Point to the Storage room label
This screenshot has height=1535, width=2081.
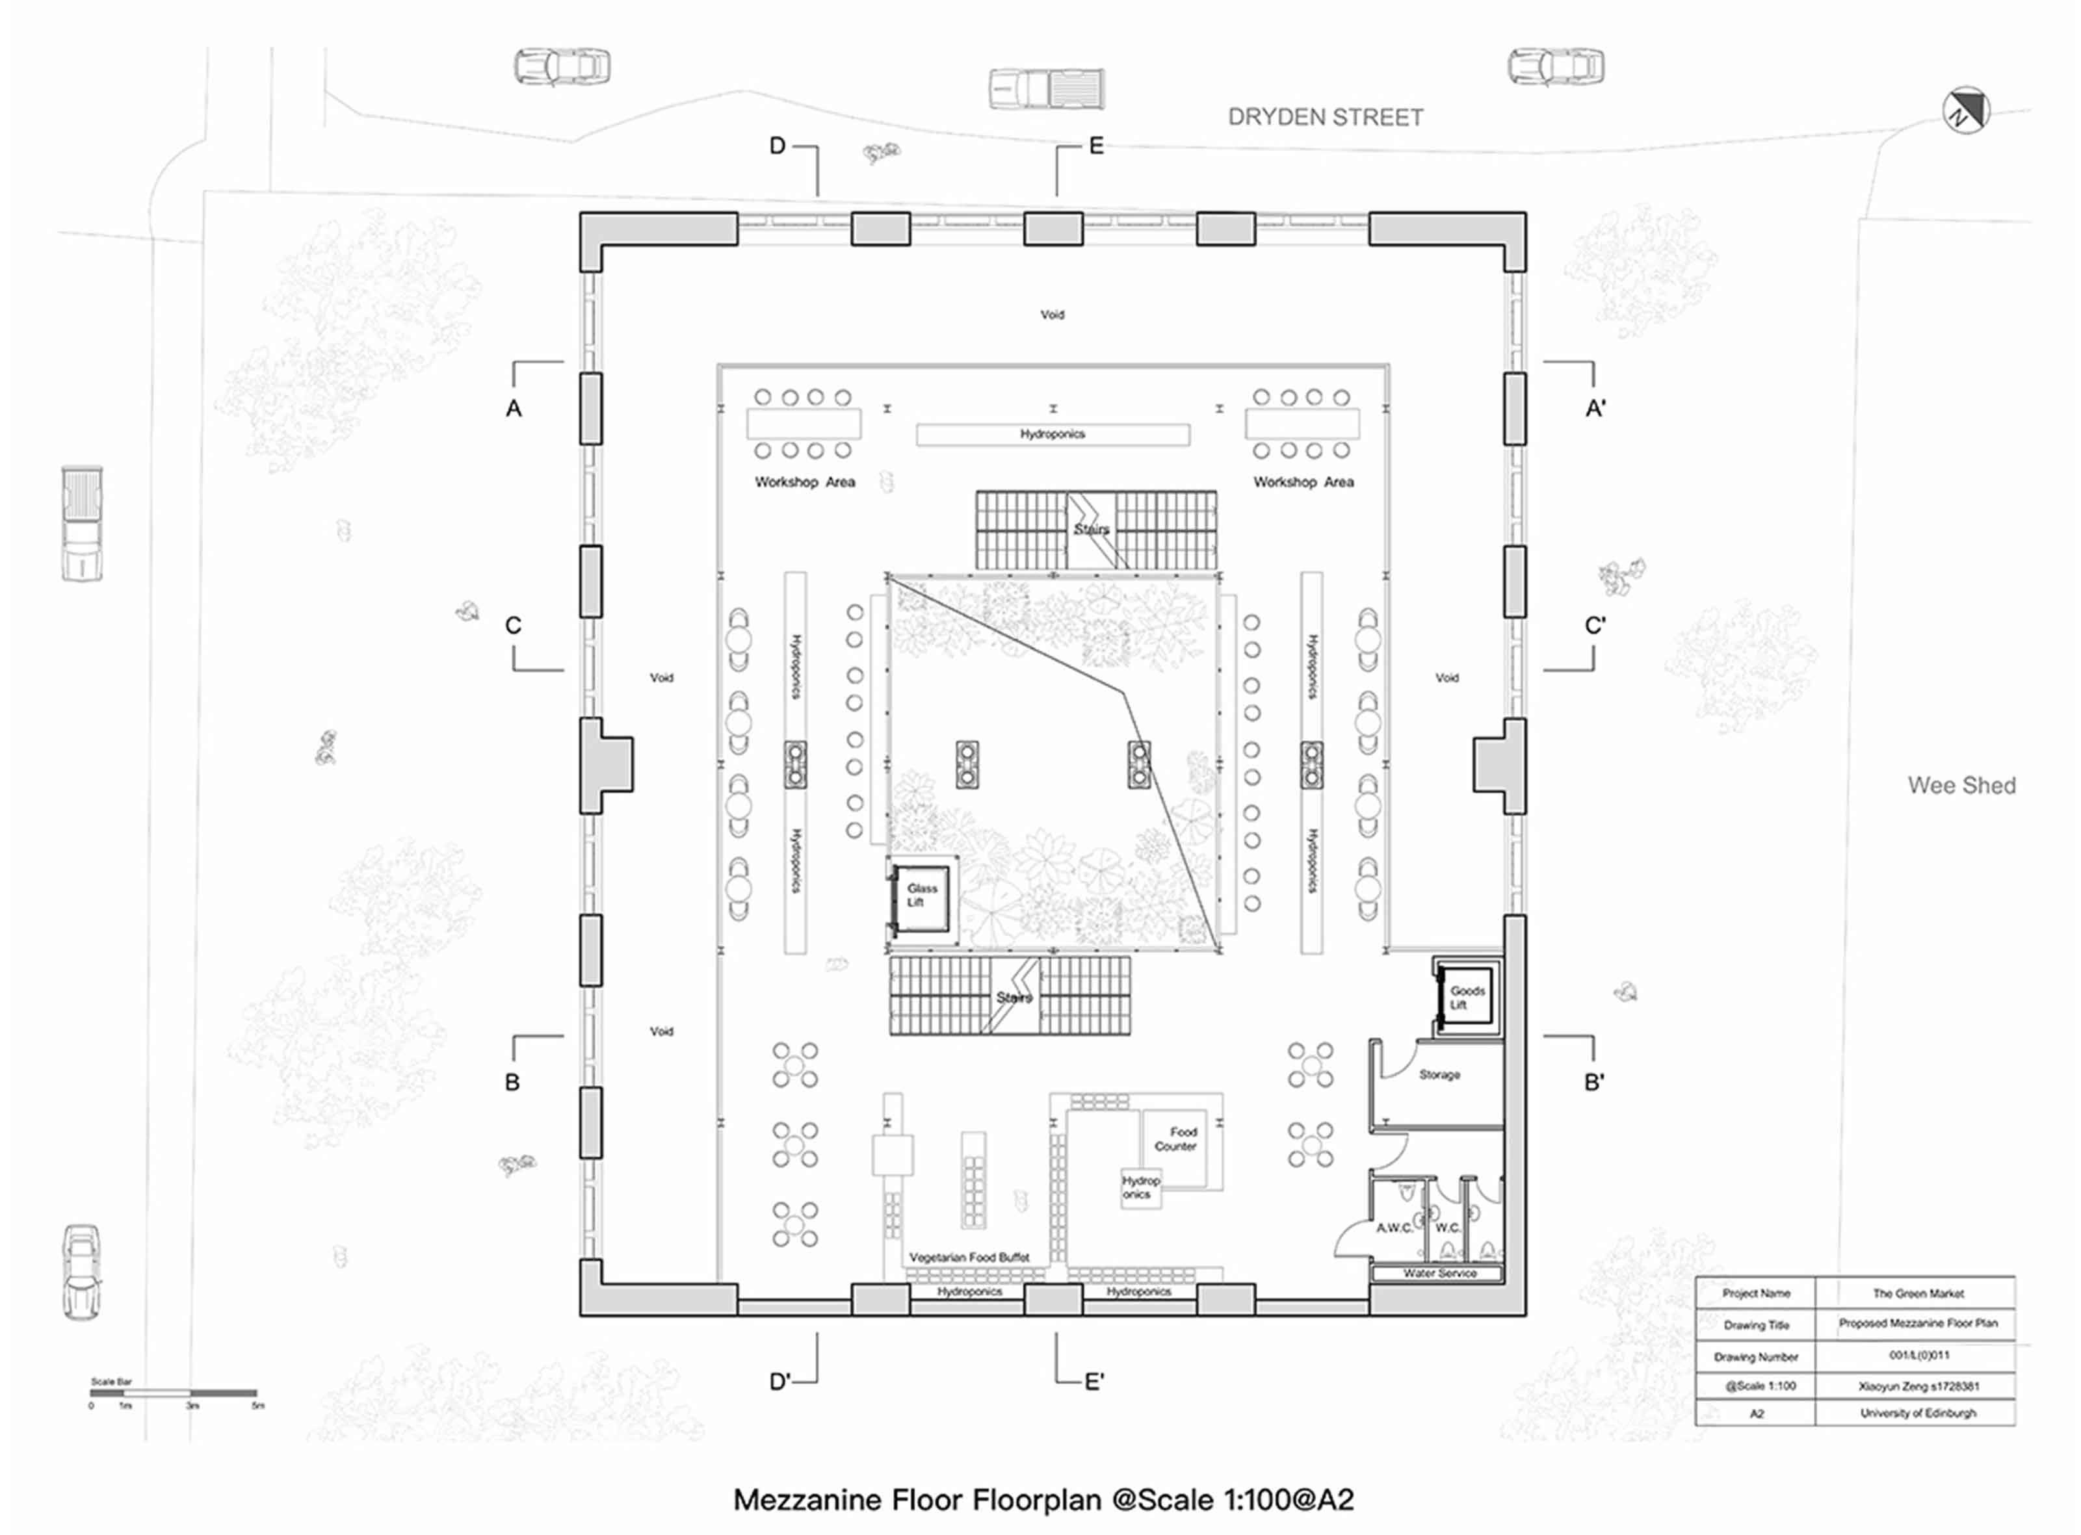[1439, 1075]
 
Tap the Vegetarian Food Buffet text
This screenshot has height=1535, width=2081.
[969, 1257]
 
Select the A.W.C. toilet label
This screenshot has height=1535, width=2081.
[1393, 1228]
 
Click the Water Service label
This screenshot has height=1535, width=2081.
[1439, 1273]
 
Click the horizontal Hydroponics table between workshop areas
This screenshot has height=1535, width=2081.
[1052, 435]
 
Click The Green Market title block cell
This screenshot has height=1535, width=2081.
[1917, 1293]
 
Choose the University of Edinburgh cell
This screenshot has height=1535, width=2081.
[1917, 1413]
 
